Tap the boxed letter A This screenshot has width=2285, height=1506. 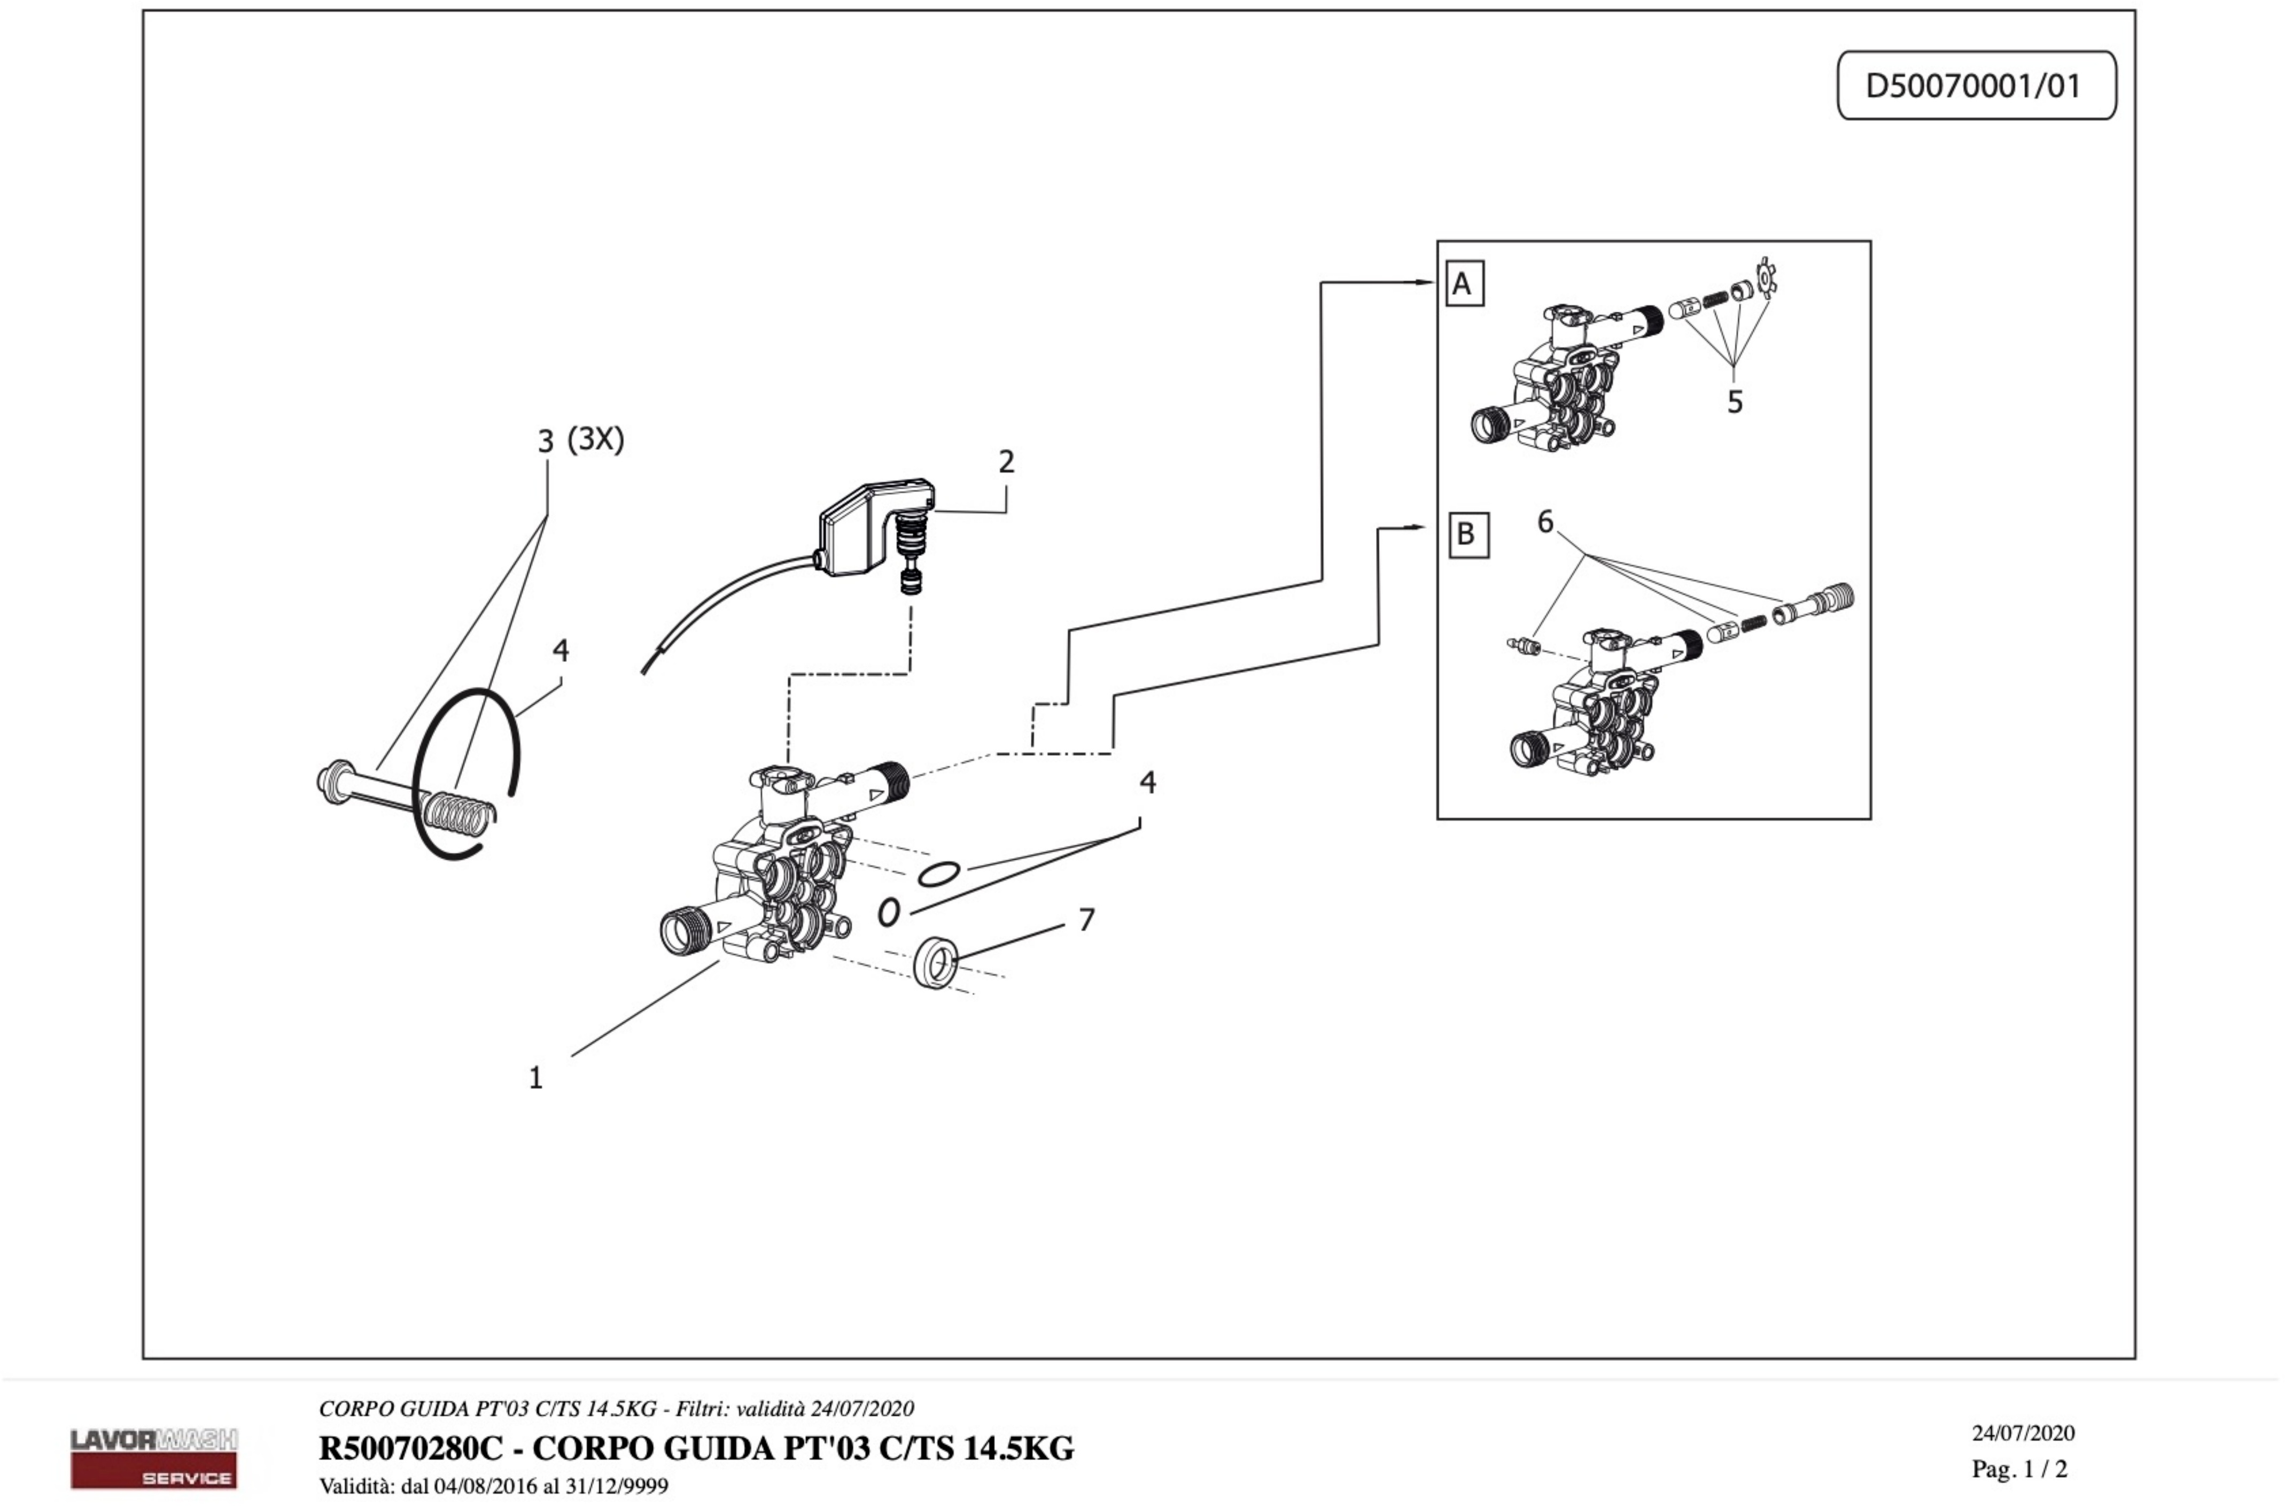(1463, 283)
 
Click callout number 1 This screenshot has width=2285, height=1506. (536, 1078)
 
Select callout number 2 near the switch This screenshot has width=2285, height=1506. (1005, 462)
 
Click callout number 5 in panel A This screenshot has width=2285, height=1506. (1734, 401)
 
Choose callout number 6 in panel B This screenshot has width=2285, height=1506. (1545, 522)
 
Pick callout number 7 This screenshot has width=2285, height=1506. (1086, 920)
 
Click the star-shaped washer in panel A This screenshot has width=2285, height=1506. (1765, 276)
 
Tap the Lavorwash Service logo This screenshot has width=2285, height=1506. (153, 1457)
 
